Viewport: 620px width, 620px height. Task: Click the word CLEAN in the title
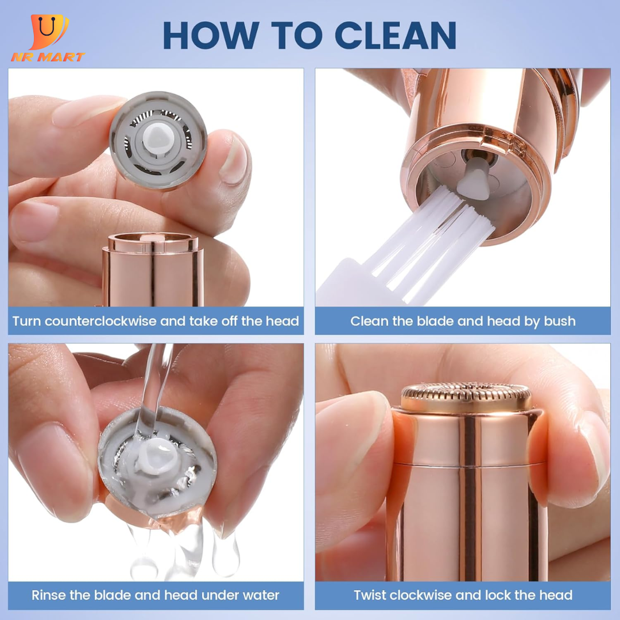(396, 35)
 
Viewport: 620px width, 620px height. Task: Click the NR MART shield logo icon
(49, 31)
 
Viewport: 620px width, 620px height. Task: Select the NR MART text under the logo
(48, 57)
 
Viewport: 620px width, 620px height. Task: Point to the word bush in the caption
(560, 321)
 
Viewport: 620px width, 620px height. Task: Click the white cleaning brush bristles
(431, 241)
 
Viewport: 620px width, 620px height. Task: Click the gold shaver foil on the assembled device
(467, 396)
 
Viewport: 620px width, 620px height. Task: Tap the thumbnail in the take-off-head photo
(233, 158)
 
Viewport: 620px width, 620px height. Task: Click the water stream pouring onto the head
(154, 392)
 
